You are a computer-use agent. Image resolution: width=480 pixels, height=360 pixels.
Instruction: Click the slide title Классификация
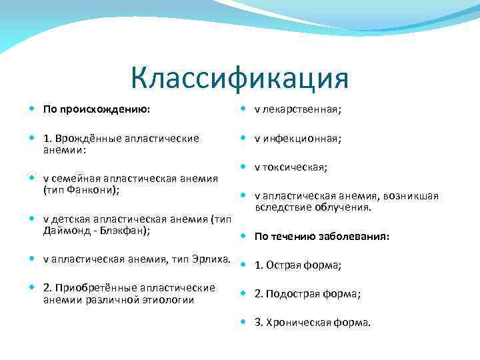point(239,78)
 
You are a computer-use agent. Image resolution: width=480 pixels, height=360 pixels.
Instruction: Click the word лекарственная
point(293,109)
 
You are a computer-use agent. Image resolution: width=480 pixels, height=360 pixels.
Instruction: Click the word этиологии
point(171,299)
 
